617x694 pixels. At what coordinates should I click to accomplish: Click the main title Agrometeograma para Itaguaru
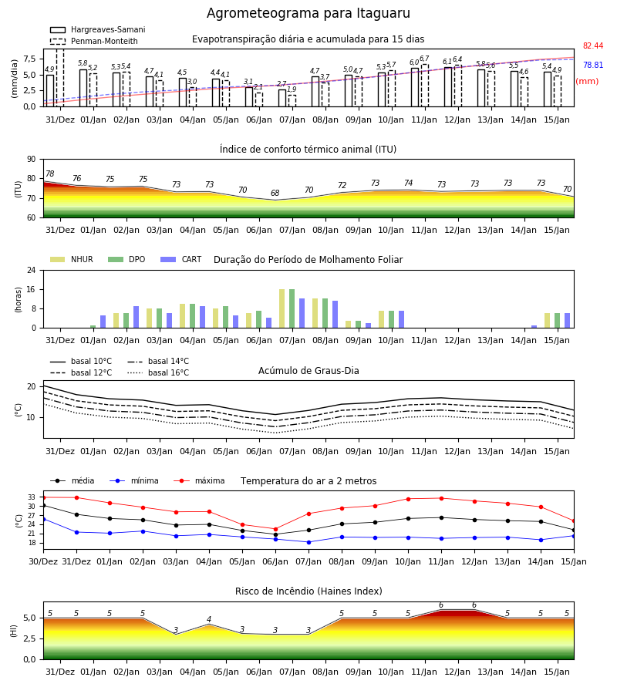coord(308,13)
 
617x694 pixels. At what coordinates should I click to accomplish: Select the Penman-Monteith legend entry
coord(94,41)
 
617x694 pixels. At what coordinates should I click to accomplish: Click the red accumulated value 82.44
coord(593,46)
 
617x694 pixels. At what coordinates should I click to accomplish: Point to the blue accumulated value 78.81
coord(593,65)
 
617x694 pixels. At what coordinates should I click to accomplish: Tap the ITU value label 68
coord(275,193)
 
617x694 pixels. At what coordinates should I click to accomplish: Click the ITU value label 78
coord(50,174)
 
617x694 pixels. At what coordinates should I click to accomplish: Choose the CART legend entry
coord(181,259)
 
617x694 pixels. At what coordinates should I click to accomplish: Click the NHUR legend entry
coord(72,259)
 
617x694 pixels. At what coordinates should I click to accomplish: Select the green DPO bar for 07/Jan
coord(292,308)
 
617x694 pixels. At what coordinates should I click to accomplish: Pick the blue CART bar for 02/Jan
coord(136,317)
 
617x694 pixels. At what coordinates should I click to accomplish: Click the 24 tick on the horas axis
coord(32,270)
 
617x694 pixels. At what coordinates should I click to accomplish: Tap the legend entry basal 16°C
coord(158,372)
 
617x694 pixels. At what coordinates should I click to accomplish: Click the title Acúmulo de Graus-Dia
coord(308,371)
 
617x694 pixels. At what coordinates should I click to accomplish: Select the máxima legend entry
coord(200,480)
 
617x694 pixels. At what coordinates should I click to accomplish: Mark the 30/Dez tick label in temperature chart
coord(43,561)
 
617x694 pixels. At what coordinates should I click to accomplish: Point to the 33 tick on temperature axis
coord(32,497)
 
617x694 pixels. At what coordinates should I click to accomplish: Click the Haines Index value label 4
coord(209,619)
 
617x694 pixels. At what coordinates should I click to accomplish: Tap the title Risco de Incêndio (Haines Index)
coord(308,591)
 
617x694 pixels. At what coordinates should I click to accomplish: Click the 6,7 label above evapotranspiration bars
coord(424,59)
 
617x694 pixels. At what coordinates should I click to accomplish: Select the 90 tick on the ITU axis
coord(32,160)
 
